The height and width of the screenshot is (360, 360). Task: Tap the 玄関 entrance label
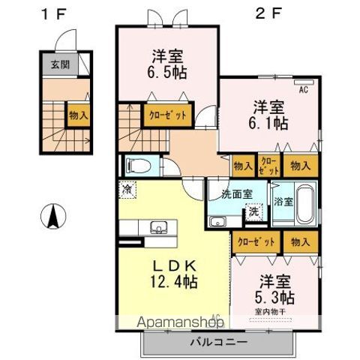[x=60, y=64]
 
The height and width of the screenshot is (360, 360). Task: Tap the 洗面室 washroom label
[x=237, y=194]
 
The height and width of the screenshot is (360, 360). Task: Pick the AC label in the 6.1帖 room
[x=304, y=91]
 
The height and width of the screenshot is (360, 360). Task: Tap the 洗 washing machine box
[x=254, y=212]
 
